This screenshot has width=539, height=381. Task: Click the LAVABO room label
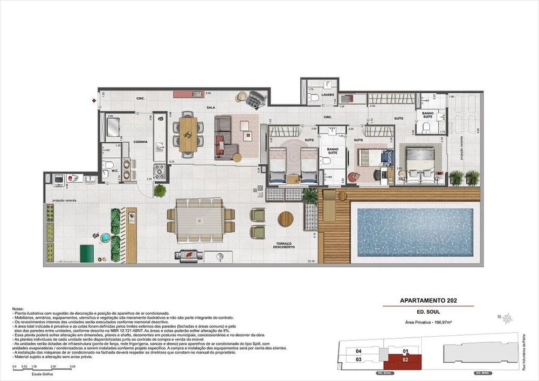pyautogui.click(x=328, y=94)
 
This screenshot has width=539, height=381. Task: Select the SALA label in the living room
pyautogui.click(x=211, y=107)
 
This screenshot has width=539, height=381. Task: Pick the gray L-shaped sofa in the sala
pyautogui.click(x=226, y=137)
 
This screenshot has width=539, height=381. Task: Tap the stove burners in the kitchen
pyautogui.click(x=160, y=172)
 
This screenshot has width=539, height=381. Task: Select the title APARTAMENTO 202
pyautogui.click(x=429, y=301)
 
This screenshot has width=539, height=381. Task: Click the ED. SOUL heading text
pyautogui.click(x=429, y=312)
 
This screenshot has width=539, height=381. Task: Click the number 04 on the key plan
pyautogui.click(x=358, y=351)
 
